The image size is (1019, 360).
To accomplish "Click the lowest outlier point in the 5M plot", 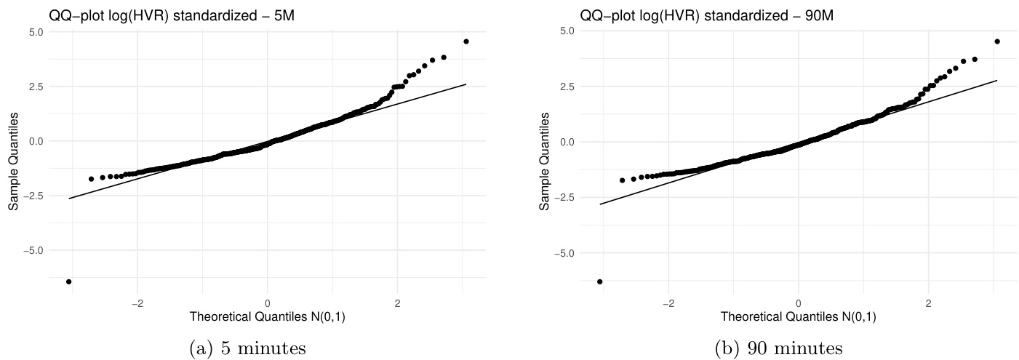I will click(69, 281).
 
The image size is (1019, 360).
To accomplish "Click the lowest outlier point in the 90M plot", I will click(600, 281).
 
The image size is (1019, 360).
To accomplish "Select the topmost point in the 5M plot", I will click(465, 41).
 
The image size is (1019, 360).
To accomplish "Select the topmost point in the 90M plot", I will click(997, 41).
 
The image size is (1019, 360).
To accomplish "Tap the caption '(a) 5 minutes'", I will click(247, 348).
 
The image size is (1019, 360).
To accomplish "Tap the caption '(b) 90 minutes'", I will click(778, 348).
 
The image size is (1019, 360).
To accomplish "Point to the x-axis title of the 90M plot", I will click(799, 317).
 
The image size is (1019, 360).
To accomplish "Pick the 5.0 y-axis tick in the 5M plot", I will click(36, 32).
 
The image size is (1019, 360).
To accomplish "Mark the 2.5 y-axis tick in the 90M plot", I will click(567, 87).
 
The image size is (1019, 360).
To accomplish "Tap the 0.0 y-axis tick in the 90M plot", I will click(567, 142).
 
